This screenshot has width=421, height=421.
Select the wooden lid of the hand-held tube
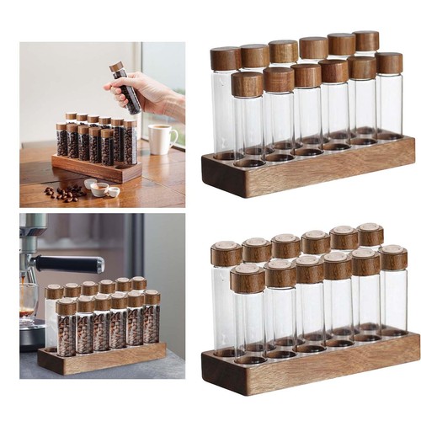tap(115, 67)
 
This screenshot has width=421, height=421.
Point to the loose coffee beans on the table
tap(66, 192)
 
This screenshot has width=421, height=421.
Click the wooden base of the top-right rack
tap(307, 168)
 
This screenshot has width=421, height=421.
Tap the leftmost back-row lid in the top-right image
tap(226, 58)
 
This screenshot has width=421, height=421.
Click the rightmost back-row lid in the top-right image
tap(365, 40)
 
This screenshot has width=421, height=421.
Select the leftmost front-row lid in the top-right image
tap(248, 83)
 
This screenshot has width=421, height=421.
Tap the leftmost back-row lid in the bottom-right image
tap(226, 253)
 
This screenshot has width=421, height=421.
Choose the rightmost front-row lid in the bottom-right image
tap(392, 257)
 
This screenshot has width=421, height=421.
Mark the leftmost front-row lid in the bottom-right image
tap(248, 279)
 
